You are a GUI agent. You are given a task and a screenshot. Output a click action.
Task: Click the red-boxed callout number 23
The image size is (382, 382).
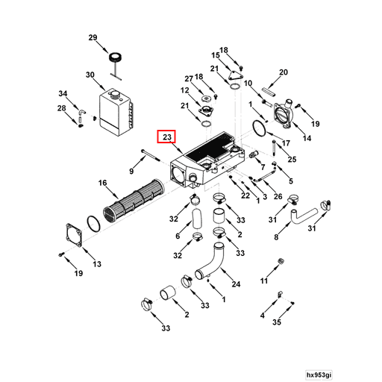coord(166,137)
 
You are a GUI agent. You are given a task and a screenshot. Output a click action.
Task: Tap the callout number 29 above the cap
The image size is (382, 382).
coord(93,37)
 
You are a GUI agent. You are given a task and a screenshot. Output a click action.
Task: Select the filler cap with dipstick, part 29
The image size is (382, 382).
coord(115,65)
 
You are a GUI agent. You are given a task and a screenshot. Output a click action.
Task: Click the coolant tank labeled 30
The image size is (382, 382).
coord(116,113)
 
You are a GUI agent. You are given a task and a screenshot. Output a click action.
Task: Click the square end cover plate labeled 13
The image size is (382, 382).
coord(74,235)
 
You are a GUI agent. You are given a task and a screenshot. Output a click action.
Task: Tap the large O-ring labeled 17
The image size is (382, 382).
coord(260,128)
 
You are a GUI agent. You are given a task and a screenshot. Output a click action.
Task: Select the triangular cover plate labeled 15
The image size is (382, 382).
coord(235,76)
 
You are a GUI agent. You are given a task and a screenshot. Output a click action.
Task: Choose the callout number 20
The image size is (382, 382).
coord(284,72)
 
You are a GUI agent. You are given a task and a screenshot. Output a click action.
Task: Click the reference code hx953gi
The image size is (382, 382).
coord(319,375)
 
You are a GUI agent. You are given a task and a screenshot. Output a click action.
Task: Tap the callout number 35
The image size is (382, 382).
coord(277,322)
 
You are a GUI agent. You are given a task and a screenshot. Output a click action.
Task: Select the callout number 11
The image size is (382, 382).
coord(264,281)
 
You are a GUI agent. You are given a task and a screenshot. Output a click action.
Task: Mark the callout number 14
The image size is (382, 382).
coord(307,138)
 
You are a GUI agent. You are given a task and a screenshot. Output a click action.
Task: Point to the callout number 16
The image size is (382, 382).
coord(102,183)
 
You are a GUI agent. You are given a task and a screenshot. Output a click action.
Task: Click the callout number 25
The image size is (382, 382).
coord(292,160)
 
